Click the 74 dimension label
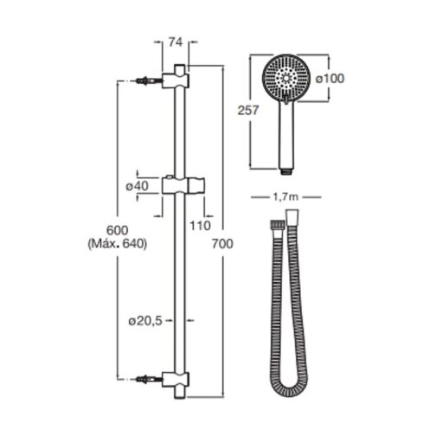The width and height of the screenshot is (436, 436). pos(176,42)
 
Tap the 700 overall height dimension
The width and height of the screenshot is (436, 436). pos(222,244)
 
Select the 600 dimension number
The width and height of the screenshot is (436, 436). pos(117,230)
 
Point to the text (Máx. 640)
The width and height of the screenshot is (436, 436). pos(117,244)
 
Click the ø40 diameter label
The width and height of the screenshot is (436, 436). pos(138,186)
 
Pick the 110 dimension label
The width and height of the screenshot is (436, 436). pos(200,226)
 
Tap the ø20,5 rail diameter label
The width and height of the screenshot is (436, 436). pos(145,321)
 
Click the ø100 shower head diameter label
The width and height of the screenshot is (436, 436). pos(330,79)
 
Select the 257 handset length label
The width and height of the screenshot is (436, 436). pos(248,110)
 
